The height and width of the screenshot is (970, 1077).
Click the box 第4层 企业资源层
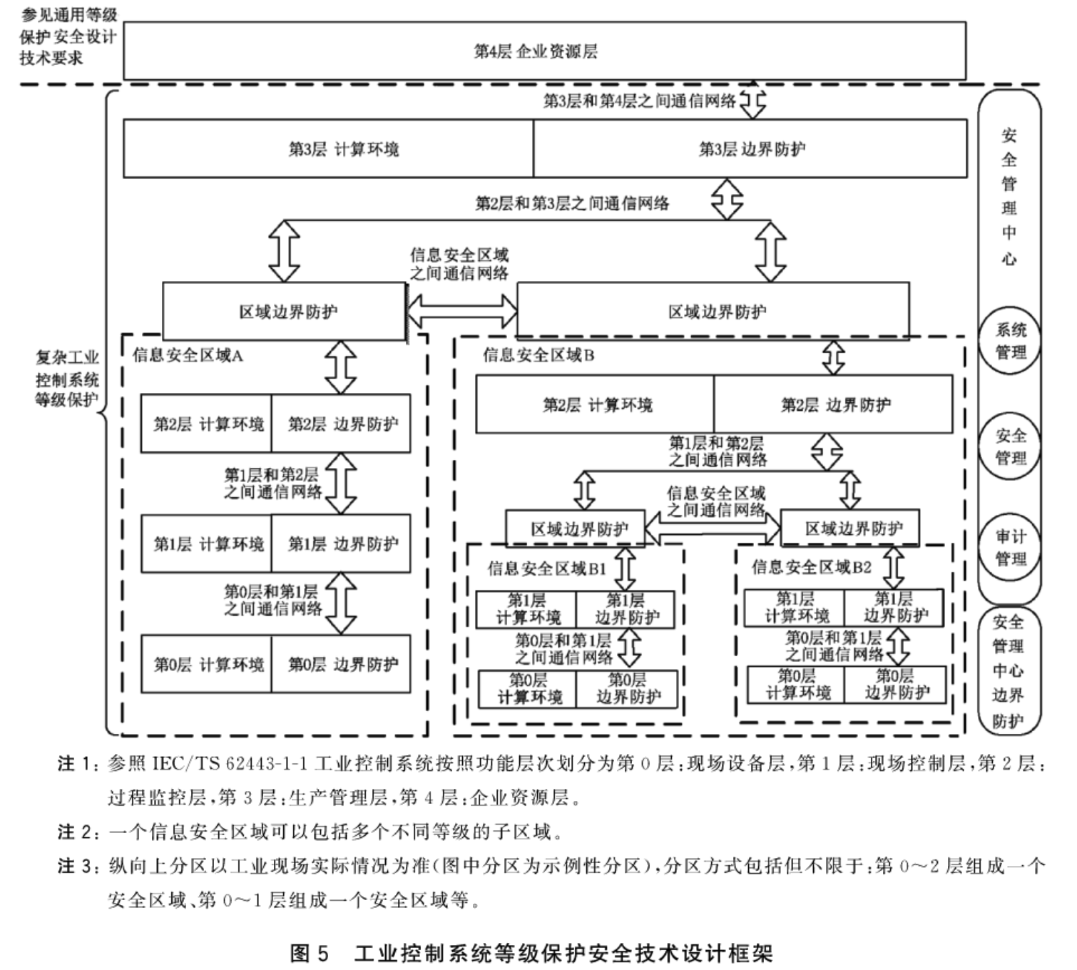(544, 51)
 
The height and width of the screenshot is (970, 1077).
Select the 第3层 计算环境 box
(328, 148)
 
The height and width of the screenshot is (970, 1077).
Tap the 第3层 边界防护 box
(750, 148)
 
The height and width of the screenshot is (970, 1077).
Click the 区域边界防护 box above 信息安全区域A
(285, 312)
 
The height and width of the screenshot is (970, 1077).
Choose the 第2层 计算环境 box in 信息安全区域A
(206, 424)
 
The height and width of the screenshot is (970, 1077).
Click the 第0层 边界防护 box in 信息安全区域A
(341, 664)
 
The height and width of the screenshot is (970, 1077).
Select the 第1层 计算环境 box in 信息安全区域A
(206, 543)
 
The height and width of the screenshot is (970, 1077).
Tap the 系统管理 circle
(1009, 341)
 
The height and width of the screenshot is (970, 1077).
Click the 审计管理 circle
(1009, 547)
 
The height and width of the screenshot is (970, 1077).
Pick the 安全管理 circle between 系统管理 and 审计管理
(1009, 446)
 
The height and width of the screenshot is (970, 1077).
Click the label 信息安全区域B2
(811, 567)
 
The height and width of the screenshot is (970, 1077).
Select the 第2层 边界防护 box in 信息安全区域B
(833, 405)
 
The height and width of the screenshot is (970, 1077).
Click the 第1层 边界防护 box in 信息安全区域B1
(626, 609)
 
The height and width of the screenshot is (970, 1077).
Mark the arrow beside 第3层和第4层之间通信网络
(753, 101)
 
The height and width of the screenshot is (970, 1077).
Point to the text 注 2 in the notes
(76, 832)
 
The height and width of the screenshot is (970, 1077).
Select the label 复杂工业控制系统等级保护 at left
(66, 379)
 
